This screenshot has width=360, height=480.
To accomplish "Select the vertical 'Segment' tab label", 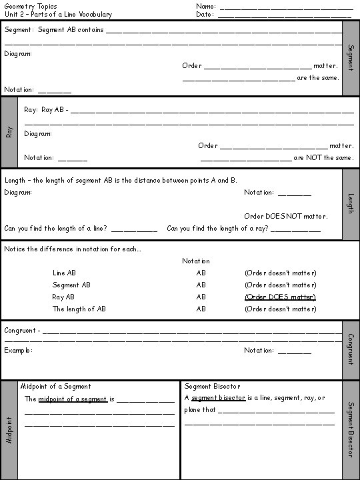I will pyautogui.click(x=351, y=59).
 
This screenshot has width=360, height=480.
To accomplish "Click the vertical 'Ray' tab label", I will pyautogui.click(x=9, y=132).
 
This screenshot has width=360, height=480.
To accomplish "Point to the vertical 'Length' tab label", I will pyautogui.click(x=351, y=203).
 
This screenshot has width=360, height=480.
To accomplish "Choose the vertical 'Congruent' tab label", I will pyautogui.click(x=351, y=349).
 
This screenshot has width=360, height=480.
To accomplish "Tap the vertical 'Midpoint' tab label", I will pyautogui.click(x=9, y=431).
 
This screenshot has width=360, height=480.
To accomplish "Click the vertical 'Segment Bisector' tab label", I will pyautogui.click(x=351, y=429).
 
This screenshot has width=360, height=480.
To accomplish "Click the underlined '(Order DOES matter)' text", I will pyautogui.click(x=280, y=297).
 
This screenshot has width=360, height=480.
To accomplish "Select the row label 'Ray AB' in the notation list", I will pyautogui.click(x=63, y=297).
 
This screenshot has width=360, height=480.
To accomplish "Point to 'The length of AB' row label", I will pyautogui.click(x=79, y=309).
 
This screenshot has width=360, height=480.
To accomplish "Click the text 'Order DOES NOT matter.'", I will pyautogui.click(x=285, y=216).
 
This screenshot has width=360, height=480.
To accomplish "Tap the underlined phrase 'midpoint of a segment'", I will pyautogui.click(x=73, y=399).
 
